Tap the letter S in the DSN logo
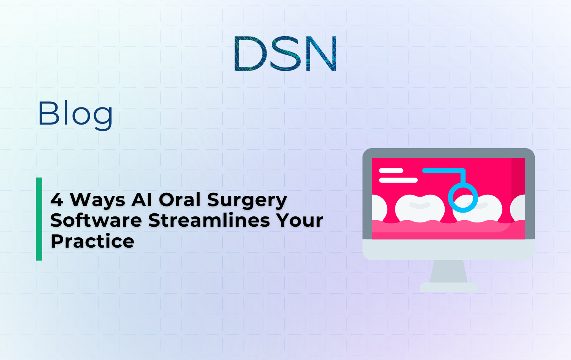[285, 54]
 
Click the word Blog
[75, 114]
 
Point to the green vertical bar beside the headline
[39, 219]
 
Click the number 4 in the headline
[57, 200]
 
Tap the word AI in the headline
[142, 200]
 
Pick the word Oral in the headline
[180, 200]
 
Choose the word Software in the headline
[96, 220]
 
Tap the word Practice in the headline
[93, 241]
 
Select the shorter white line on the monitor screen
[391, 171]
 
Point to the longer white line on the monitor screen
[398, 180]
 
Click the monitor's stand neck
[448, 271]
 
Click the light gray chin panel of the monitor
[448, 250]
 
